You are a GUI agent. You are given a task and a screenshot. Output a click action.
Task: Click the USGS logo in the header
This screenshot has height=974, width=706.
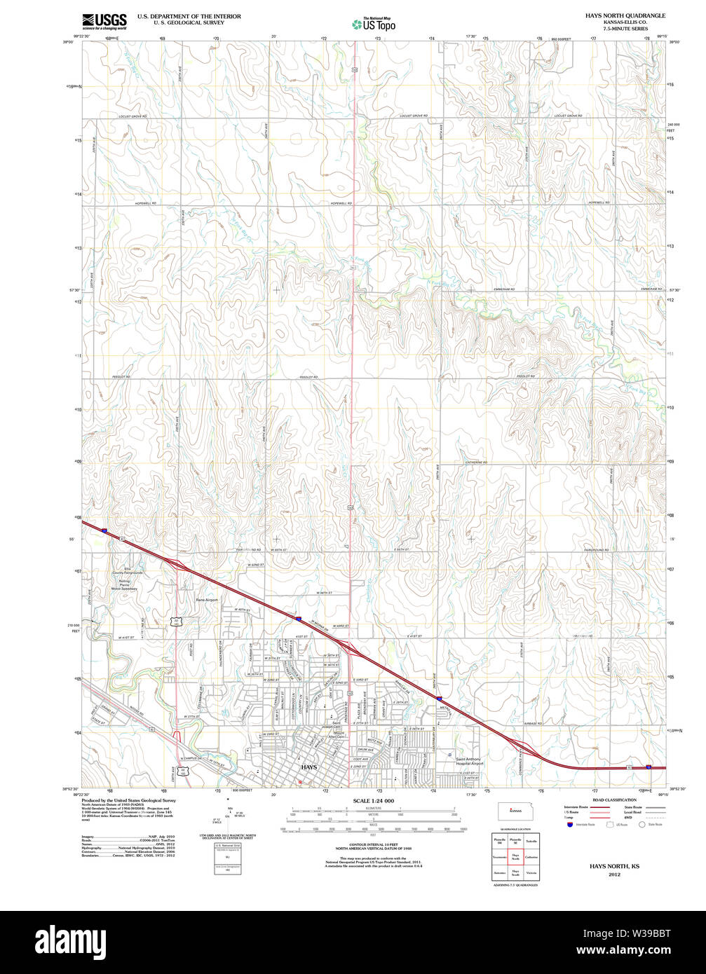click(x=104, y=21)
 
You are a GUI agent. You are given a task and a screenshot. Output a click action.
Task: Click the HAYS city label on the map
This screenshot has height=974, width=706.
click(x=308, y=767)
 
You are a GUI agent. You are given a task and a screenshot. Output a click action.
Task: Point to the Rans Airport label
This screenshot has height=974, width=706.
click(x=207, y=600)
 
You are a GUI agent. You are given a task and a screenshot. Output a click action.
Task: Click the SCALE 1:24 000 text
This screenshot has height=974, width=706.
click(x=374, y=801)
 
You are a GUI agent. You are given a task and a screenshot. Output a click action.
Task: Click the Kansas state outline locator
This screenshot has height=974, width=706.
click(x=515, y=811)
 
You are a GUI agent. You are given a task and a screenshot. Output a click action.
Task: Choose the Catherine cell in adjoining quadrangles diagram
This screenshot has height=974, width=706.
click(x=531, y=856)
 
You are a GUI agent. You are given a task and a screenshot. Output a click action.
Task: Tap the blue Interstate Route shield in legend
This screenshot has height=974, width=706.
click(x=569, y=825)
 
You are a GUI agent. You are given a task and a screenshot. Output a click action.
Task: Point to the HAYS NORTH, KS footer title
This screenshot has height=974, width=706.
click(x=614, y=866)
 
